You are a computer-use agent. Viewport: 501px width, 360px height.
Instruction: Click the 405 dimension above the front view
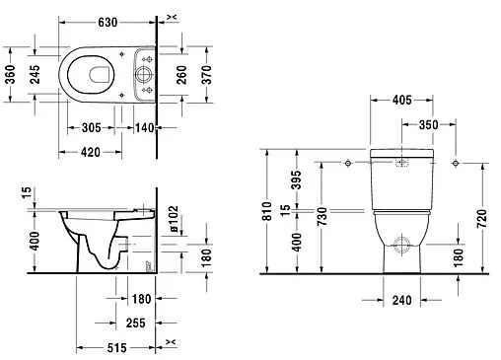(402, 101)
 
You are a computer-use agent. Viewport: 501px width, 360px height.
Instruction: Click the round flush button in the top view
(145, 73)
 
